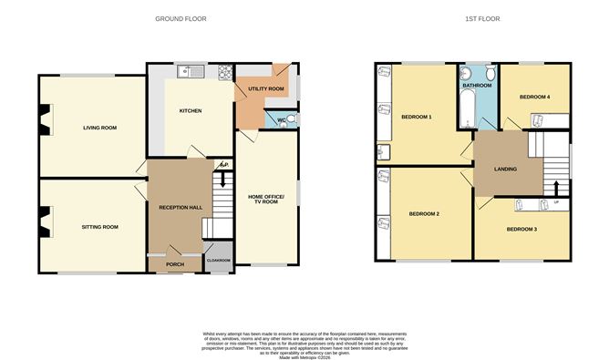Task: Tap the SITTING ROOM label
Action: pos(100,227)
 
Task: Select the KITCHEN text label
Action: pos(190,111)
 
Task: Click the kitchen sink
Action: pos(185,70)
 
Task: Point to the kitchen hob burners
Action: pos(222,71)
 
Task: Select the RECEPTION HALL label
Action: pos(180,208)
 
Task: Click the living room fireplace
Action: pos(44,117)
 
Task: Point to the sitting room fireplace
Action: pos(44,220)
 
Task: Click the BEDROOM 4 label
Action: pos(535,97)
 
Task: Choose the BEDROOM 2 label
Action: pos(424,213)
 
